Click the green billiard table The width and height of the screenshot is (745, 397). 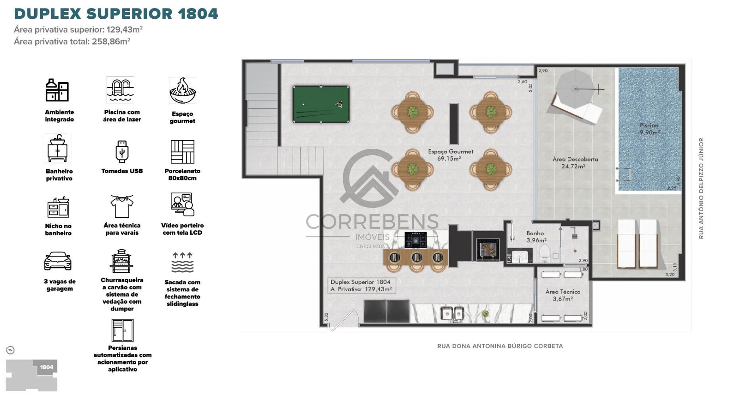[321, 104]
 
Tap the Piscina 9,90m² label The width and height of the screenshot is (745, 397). [649, 129]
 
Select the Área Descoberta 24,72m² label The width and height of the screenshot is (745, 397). [575, 163]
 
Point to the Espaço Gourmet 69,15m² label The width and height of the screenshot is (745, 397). [450, 155]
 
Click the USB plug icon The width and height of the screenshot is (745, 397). [122, 151]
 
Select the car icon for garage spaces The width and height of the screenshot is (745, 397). [58, 261]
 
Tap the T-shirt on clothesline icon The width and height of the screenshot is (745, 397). [122, 206]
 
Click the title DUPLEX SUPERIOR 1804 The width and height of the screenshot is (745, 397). [116, 13]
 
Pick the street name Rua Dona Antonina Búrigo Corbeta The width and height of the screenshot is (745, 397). [500, 346]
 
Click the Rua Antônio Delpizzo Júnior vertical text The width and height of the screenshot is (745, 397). [701, 188]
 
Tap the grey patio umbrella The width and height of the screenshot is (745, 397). [575, 88]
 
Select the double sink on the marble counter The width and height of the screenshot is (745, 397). [453, 314]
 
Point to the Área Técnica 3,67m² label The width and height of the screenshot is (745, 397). [563, 295]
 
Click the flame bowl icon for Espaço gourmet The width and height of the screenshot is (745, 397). [182, 91]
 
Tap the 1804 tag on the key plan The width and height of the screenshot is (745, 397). [46, 367]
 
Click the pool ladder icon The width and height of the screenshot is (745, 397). [120, 90]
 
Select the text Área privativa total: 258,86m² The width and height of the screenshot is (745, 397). [72, 41]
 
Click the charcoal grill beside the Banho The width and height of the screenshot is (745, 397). [487, 249]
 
